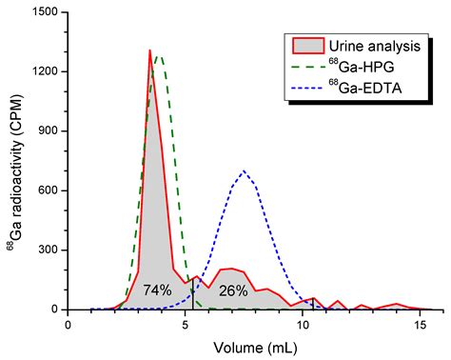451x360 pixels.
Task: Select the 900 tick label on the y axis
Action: (x=47, y=131)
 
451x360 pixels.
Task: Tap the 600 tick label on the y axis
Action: (x=47, y=190)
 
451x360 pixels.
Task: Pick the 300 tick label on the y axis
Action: (x=47, y=250)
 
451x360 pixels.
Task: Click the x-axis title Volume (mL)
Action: (x=245, y=347)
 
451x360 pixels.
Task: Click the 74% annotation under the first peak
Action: (x=157, y=290)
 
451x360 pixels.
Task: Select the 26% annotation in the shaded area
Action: (x=233, y=290)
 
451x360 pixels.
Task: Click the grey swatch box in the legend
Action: (x=305, y=45)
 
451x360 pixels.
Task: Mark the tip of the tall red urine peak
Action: (x=150, y=50)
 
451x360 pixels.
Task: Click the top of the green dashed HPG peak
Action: (x=159, y=56)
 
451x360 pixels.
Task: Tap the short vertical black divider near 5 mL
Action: (x=193, y=295)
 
